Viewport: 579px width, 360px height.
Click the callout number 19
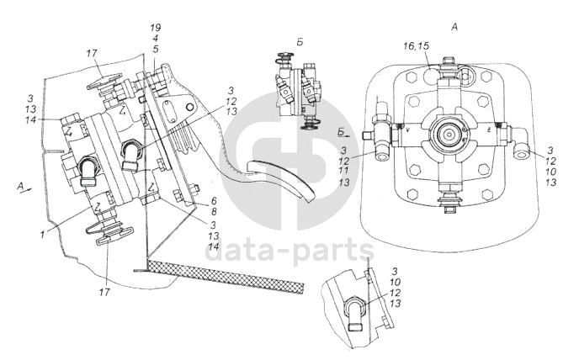(x=156, y=28)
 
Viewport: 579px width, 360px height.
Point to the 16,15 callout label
(x=416, y=45)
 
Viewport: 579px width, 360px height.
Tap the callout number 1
(x=43, y=234)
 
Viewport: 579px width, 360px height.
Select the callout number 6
(x=214, y=201)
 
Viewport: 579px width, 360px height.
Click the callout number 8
(x=214, y=212)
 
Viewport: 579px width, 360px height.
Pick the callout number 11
(x=343, y=172)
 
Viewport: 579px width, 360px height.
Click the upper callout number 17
(x=92, y=54)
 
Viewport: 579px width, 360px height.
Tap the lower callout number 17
(x=105, y=293)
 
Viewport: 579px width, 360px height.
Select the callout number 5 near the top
(x=156, y=49)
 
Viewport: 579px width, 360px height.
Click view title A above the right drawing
(x=454, y=27)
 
